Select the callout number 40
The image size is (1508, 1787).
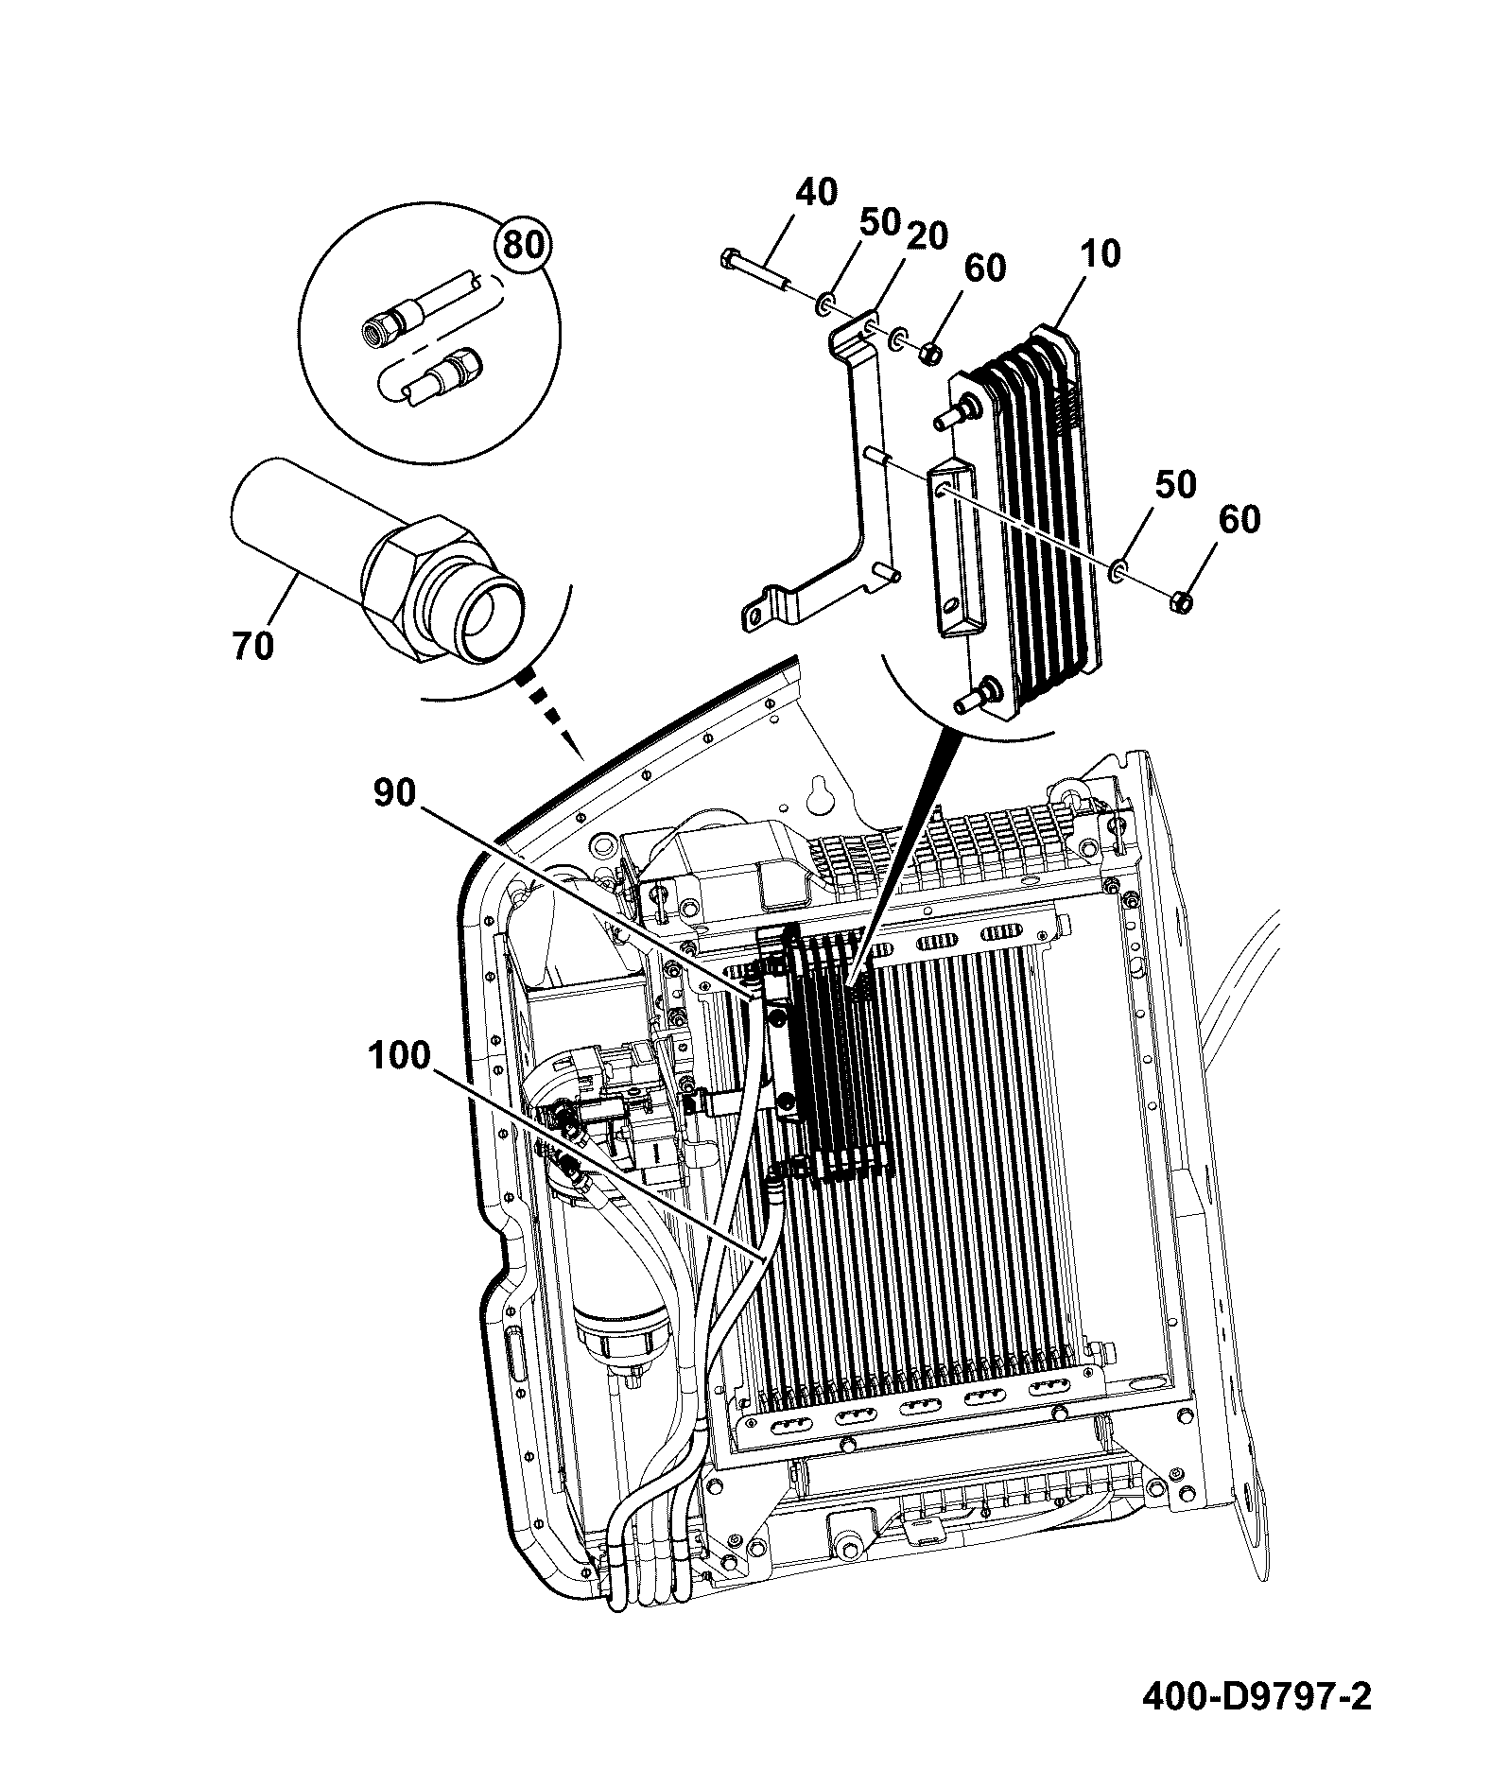pyautogui.click(x=816, y=192)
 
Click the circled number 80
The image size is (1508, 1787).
pyautogui.click(x=523, y=245)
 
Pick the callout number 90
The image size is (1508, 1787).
pyautogui.click(x=393, y=793)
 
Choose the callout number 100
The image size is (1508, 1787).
pyautogui.click(x=399, y=1055)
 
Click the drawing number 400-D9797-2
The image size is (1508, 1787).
pyautogui.click(x=1257, y=1697)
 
